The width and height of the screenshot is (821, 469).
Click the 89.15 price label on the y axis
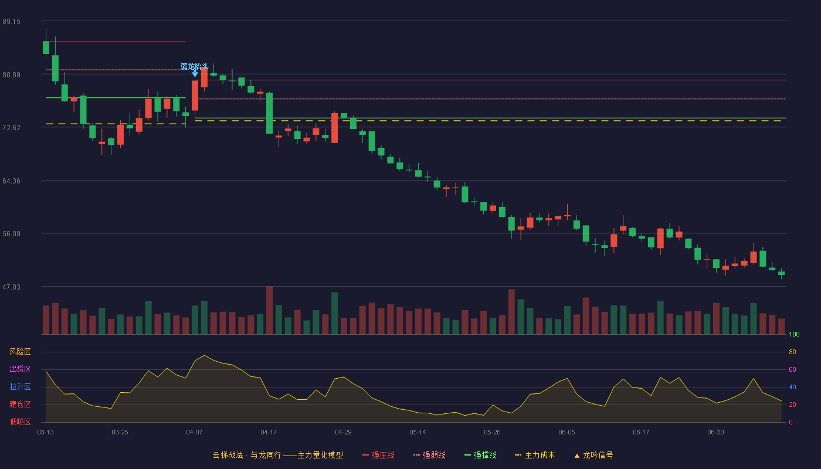[11, 22]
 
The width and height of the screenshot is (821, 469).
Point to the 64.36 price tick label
[11, 181]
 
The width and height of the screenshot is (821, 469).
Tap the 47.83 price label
[11, 287]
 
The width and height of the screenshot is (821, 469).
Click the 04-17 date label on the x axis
[269, 433]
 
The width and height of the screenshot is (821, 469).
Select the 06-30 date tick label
[715, 433]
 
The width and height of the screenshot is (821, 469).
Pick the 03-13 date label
[46, 433]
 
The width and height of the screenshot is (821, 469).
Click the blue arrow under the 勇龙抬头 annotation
[195, 74]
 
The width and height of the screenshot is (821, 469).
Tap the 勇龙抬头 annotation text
[195, 67]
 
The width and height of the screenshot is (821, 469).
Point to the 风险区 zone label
[20, 352]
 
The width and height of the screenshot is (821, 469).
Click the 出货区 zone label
[20, 369]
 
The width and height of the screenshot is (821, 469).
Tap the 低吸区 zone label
[20, 422]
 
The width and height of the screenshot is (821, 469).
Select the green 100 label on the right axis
[794, 334]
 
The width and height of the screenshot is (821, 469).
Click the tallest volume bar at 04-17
[269, 310]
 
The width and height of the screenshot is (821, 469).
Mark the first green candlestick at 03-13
[46, 47]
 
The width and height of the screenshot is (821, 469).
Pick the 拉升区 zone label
[20, 386]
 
